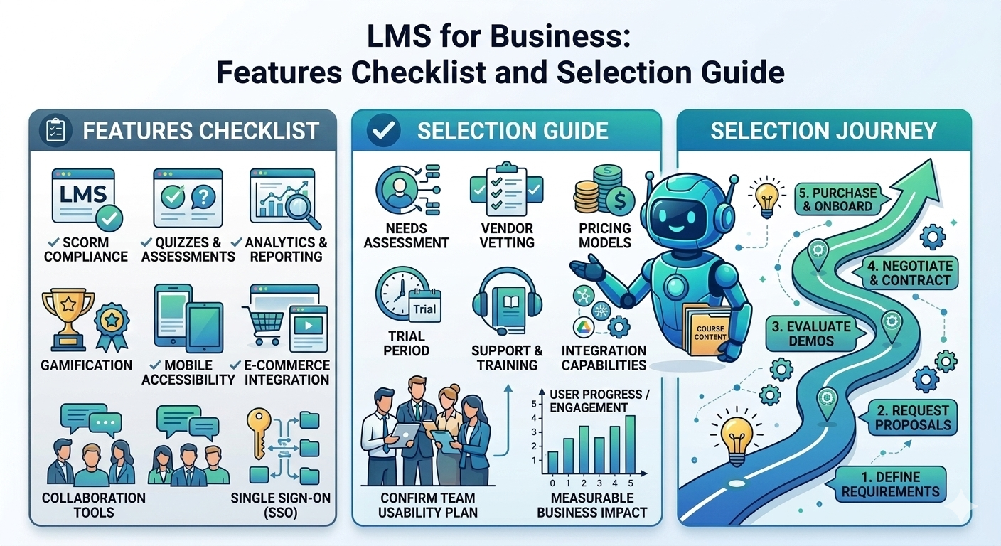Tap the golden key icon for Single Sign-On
coord(258,433)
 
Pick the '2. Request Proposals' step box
coord(912,417)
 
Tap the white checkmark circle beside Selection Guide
coord(382,131)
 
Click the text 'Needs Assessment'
coord(406,235)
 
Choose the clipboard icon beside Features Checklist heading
coord(54,131)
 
